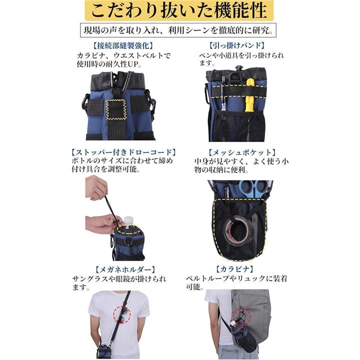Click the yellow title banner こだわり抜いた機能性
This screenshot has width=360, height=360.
pos(179,10)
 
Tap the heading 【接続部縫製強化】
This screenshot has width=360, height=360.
pos(123,45)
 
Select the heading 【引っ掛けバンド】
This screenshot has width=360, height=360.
pos(236,45)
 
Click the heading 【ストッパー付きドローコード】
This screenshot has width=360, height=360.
pos(124,152)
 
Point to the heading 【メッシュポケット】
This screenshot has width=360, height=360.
pos(241,152)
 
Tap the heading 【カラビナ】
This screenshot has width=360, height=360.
pos(234,269)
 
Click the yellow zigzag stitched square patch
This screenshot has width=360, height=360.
pos(116,109)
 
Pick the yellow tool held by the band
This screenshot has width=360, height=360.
pos(249,95)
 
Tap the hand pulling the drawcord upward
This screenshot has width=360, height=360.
pos(96,187)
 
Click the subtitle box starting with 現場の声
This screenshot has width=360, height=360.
pos(178,30)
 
